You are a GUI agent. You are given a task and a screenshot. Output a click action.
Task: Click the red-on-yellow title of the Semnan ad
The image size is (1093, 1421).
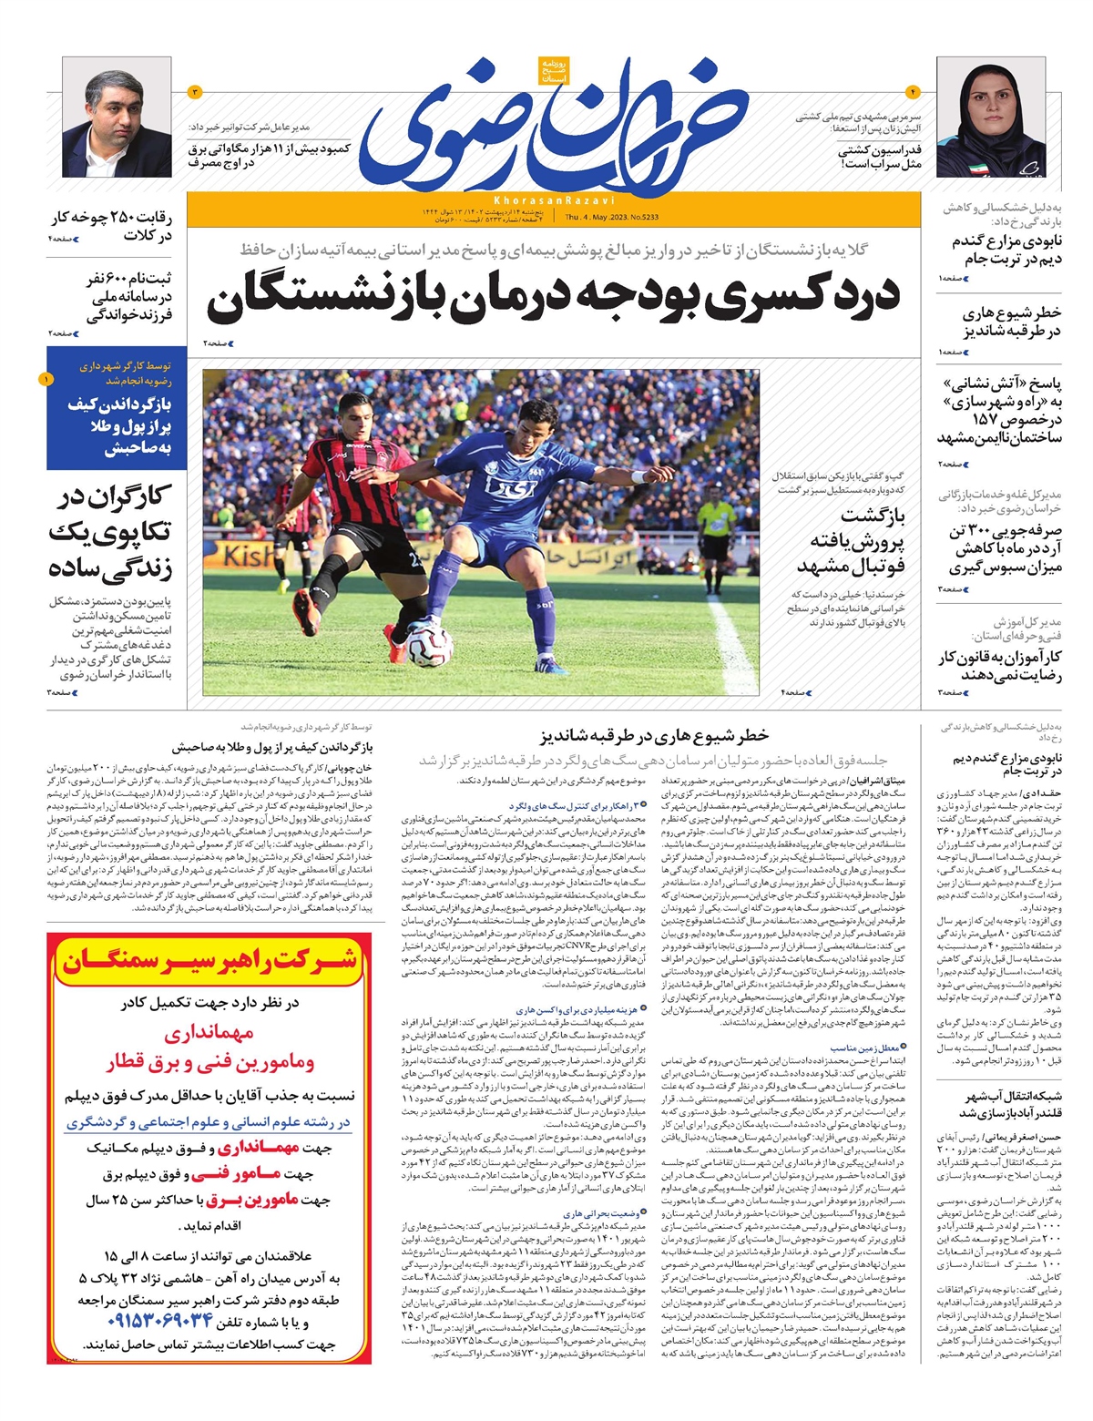click(x=209, y=961)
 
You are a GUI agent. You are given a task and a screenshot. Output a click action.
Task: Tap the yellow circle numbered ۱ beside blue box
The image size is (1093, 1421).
click(x=46, y=378)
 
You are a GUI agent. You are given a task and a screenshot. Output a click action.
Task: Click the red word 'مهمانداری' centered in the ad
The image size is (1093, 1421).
click(x=209, y=1033)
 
